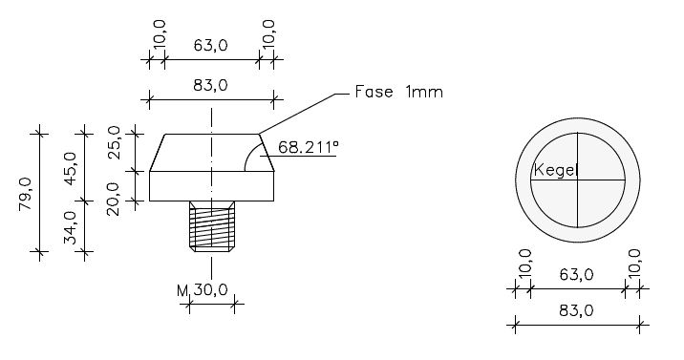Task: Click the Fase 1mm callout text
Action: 398,92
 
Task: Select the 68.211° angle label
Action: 308,147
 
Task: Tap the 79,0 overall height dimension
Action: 26,194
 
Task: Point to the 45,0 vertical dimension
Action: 71,168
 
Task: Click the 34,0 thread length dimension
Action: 71,227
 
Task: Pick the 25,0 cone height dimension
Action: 115,142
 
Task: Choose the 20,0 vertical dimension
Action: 114,199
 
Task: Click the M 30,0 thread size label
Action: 203,290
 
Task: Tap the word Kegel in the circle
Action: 556,170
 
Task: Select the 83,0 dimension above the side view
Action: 211,85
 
